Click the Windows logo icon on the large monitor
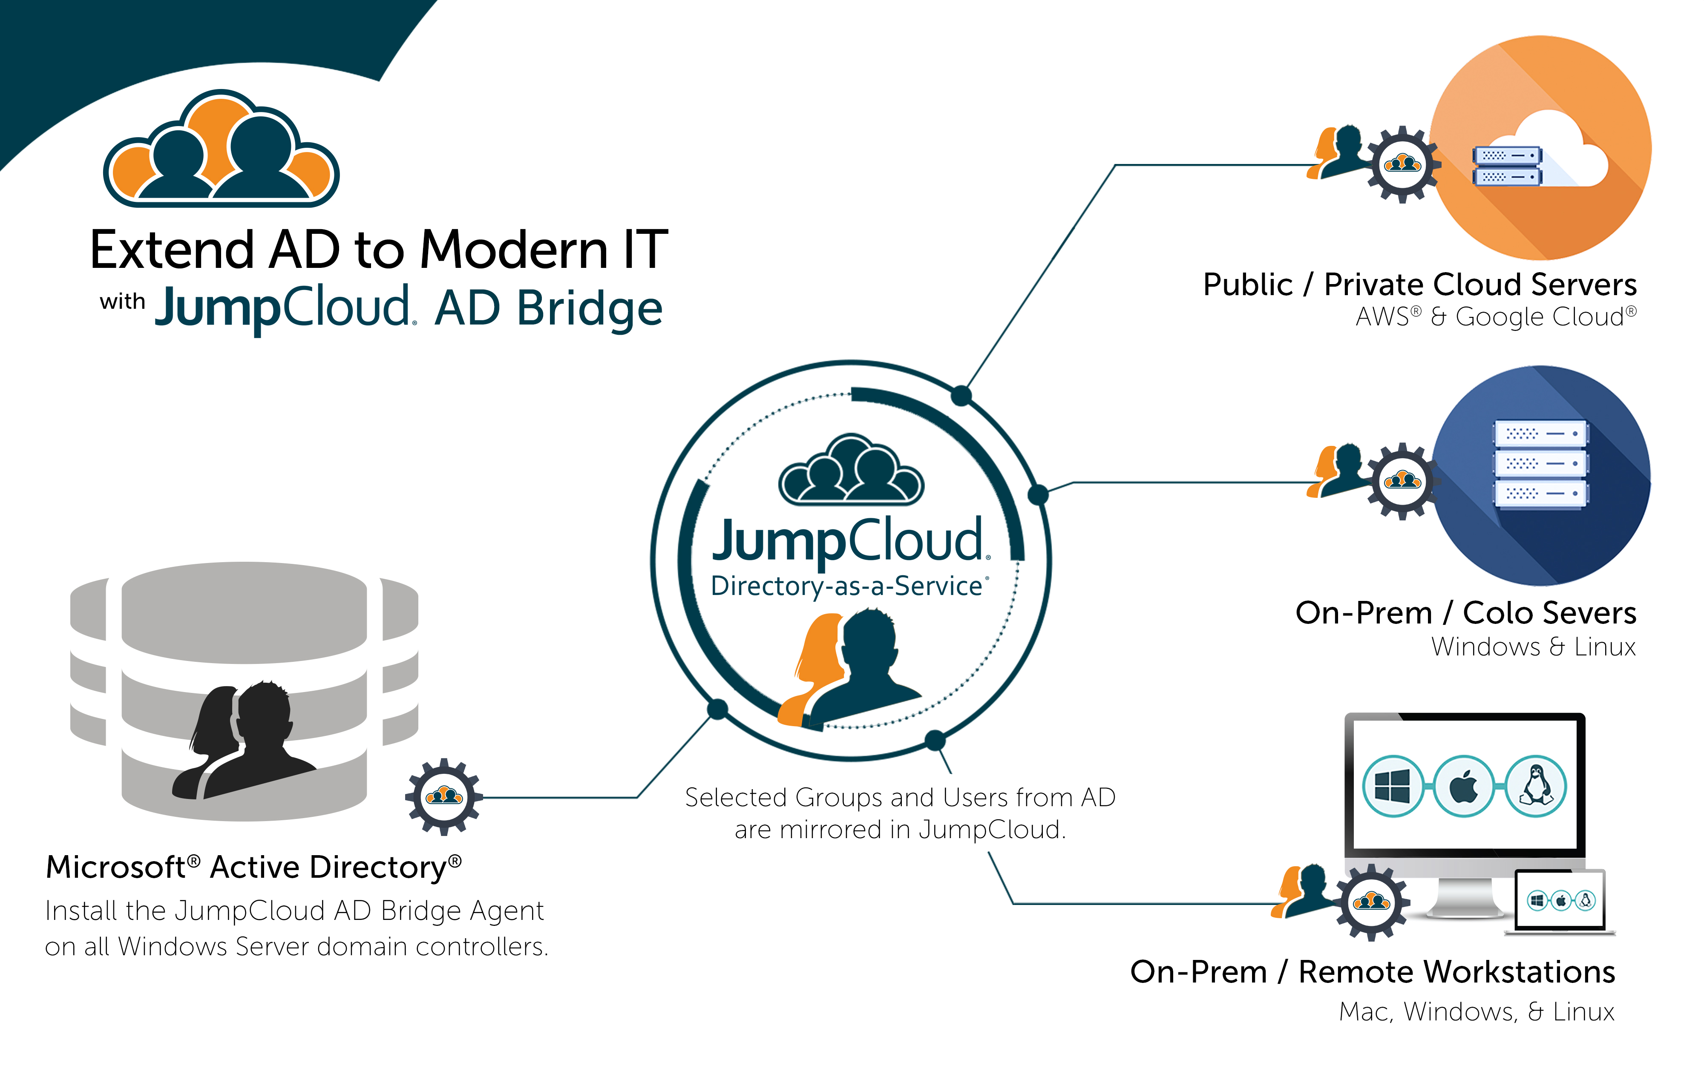pyautogui.click(x=1392, y=786)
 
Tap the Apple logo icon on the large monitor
pyautogui.click(x=1463, y=786)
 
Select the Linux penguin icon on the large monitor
pyautogui.click(x=1536, y=786)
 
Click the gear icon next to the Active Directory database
pyautogui.click(x=444, y=797)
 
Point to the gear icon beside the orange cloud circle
pyautogui.click(x=1402, y=165)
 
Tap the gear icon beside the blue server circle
pyautogui.click(x=1402, y=482)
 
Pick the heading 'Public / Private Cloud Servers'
pyautogui.click(x=1419, y=284)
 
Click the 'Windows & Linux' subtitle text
pyautogui.click(x=1533, y=646)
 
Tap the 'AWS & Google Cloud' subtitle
pyautogui.click(x=1495, y=316)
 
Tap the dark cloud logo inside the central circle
pyautogui.click(x=851, y=471)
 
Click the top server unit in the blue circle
pyautogui.click(x=1540, y=434)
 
